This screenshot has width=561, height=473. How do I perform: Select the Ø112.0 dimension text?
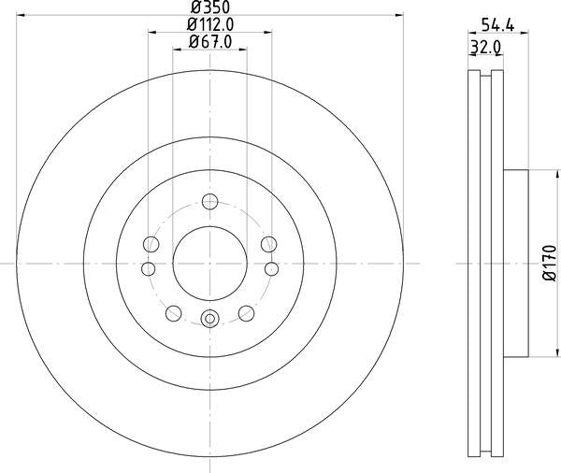209,24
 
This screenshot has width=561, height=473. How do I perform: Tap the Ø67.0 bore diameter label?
209,41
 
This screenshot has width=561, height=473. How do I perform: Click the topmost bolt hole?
209,201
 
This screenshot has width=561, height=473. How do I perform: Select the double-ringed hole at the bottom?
209,320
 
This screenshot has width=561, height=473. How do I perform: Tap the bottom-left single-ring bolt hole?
173,312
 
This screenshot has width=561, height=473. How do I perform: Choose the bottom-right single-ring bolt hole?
245,312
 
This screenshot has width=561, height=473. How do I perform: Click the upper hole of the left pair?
149,244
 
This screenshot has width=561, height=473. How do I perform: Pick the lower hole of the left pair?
149,269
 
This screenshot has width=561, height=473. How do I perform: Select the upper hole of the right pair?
269,244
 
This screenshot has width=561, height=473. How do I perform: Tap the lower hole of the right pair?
270,269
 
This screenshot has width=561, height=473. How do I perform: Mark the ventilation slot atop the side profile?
484,75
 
